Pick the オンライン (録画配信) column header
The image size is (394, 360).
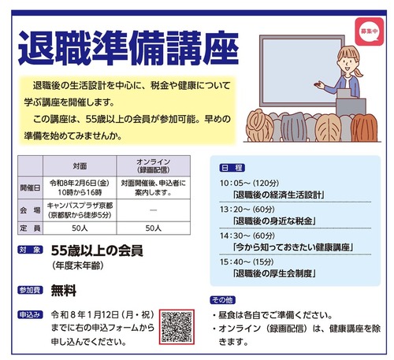[x=154, y=167]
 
